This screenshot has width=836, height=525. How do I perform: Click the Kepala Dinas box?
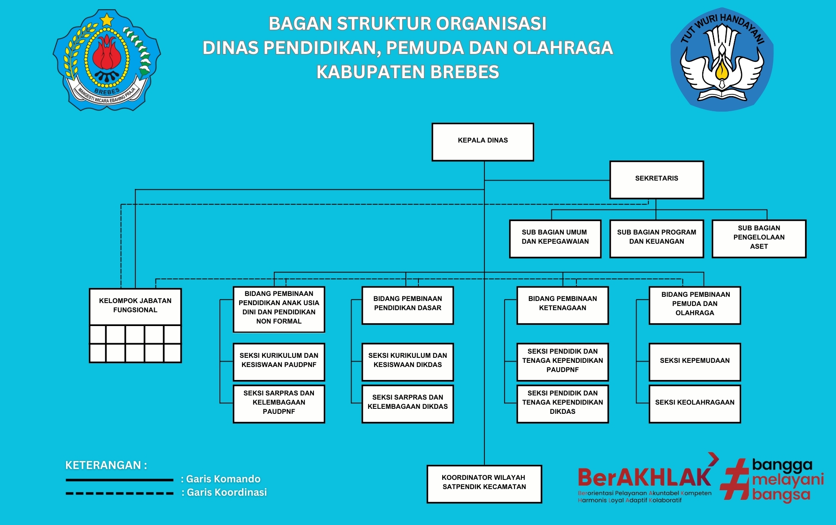coord(483,142)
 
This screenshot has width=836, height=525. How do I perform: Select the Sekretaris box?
coord(656,180)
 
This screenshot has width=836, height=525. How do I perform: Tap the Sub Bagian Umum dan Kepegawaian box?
coord(555,239)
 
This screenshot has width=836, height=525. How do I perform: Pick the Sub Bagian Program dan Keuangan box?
coord(656,239)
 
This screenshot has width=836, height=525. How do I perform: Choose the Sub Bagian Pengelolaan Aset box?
coord(759,239)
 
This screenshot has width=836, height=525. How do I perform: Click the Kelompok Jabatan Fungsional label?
coord(135,306)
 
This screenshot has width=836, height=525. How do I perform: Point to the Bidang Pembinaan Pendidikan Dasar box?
coord(408,305)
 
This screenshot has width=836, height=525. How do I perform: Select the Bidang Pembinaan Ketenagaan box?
coord(562,305)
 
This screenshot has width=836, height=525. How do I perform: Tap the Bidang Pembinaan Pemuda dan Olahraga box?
coord(695,305)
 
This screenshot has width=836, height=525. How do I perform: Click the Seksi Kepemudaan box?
coord(695,362)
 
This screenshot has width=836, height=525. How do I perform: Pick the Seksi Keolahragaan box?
coord(695,403)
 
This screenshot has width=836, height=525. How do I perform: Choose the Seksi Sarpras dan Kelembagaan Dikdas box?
coord(408,403)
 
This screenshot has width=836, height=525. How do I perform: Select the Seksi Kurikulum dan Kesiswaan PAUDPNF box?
coord(279,362)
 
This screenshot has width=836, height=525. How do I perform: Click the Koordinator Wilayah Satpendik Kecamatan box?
coord(484,484)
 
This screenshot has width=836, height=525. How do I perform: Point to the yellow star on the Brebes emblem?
coord(107,20)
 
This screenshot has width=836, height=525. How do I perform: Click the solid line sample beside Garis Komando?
coord(119,480)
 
